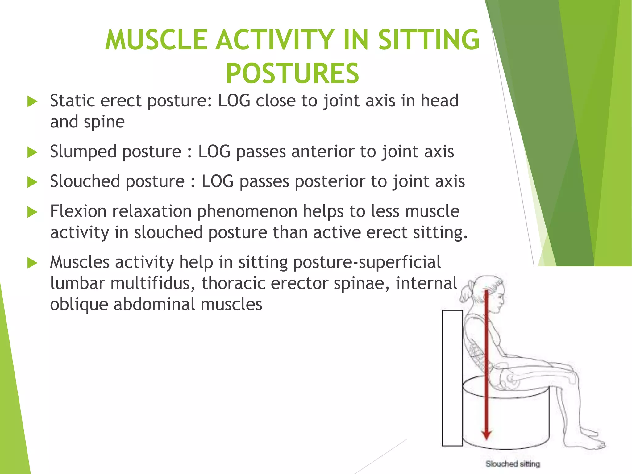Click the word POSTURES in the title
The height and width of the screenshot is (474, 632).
point(292,73)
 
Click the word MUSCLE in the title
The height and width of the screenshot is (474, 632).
point(156,40)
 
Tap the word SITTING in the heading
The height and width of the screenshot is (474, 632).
point(429,40)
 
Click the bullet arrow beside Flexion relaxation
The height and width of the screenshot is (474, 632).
point(32,212)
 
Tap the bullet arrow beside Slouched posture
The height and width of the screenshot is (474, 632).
point(32,182)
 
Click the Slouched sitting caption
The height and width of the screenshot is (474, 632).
point(513,464)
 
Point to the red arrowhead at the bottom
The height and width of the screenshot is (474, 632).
point(486,435)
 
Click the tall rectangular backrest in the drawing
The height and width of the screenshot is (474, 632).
point(452,378)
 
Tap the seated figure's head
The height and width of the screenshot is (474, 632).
point(489,293)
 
